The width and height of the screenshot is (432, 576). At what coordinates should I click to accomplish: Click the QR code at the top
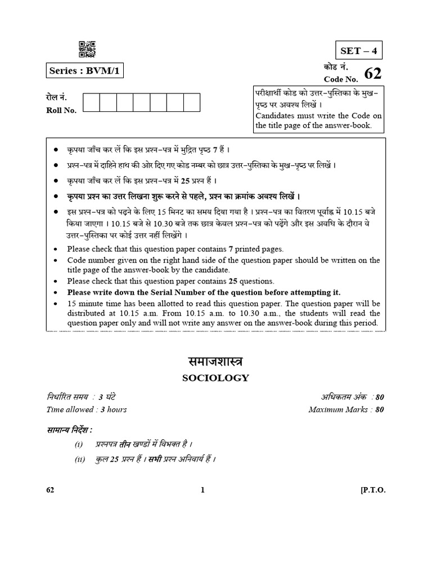pos(87,49)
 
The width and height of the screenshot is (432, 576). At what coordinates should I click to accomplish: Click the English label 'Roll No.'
pos(61,110)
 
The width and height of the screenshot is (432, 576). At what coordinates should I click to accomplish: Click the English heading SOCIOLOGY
pos(215,378)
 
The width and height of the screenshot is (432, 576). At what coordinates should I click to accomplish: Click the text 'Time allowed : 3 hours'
pos(87,409)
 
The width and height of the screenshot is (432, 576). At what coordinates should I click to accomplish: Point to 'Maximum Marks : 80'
pos(346,409)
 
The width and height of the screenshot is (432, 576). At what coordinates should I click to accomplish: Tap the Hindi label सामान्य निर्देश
pos(69,430)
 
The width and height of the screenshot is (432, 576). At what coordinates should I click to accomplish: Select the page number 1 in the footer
pos(202,490)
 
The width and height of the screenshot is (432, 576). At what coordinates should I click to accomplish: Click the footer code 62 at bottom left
pos(51,490)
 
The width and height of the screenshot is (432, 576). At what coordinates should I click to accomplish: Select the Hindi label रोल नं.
pos(56,97)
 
